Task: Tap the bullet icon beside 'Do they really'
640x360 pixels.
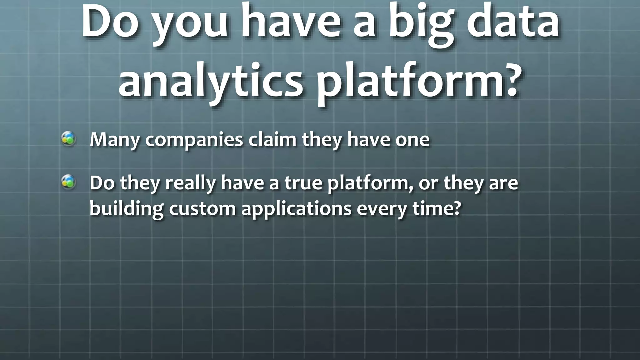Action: pos(68,182)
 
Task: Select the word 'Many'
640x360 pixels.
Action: pos(114,140)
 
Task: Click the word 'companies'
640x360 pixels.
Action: pos(194,140)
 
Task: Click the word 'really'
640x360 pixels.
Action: pos(190,183)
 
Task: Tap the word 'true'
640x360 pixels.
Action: pos(303,183)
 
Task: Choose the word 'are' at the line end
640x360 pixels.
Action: pos(503,183)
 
